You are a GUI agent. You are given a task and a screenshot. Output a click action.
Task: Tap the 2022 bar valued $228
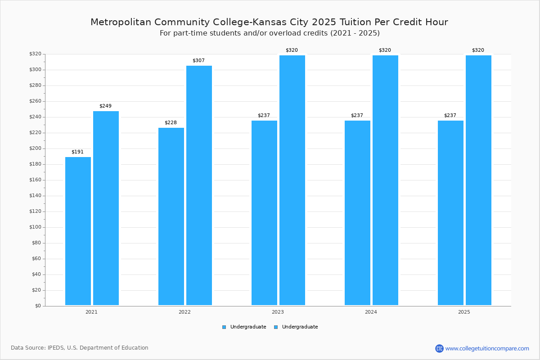(x=171, y=216)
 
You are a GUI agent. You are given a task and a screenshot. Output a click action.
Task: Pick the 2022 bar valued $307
(x=199, y=185)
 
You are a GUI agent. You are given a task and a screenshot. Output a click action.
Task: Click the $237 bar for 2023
(x=264, y=213)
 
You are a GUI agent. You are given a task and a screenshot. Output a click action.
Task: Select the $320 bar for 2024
(x=385, y=180)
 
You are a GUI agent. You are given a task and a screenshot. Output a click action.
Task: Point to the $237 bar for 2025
(x=450, y=213)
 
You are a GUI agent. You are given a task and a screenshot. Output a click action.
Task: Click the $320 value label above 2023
(x=292, y=50)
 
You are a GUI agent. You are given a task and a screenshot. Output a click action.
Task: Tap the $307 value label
(x=198, y=61)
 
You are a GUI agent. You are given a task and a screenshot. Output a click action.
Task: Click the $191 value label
(x=77, y=152)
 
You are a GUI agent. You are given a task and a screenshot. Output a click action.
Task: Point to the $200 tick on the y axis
(x=35, y=148)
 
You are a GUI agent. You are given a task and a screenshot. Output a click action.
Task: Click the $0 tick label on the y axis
(x=37, y=306)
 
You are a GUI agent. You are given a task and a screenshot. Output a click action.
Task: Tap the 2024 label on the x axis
(x=371, y=312)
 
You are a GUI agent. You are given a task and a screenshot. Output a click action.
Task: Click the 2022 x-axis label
(x=184, y=312)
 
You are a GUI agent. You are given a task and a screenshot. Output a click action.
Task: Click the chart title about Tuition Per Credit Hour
(x=269, y=22)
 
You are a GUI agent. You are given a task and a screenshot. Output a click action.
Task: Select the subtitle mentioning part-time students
(x=270, y=33)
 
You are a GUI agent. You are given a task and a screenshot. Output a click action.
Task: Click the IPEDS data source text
(x=80, y=348)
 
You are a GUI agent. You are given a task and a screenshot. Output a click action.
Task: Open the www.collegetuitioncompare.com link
(x=487, y=348)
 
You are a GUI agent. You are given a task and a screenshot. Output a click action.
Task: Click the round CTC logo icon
(x=439, y=348)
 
